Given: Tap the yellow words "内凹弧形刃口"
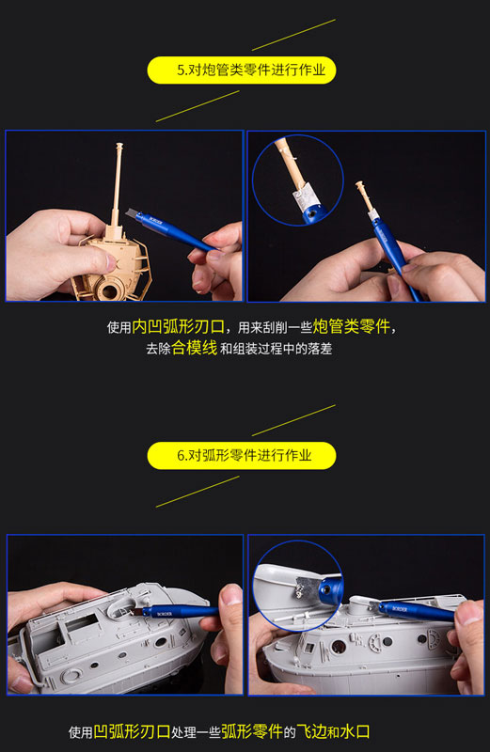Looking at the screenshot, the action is (178, 326).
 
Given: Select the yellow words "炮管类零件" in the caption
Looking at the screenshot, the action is (352, 326).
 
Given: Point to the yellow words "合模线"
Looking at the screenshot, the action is (195, 348).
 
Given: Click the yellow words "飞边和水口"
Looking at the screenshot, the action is (333, 731).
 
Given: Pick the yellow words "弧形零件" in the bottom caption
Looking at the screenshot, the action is (252, 731).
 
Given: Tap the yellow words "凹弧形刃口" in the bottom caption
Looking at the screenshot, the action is (132, 731).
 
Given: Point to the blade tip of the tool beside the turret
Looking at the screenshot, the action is (127, 212).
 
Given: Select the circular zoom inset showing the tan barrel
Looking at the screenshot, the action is (298, 180).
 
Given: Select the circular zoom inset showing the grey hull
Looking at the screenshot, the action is (298, 587).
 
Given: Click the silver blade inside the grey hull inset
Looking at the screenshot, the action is (306, 587).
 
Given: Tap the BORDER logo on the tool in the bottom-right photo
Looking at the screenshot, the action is (400, 609).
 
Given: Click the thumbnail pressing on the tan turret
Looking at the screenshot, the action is (110, 262).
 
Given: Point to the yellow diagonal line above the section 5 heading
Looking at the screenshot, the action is (293, 35).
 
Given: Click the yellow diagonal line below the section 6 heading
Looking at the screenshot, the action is (198, 492).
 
